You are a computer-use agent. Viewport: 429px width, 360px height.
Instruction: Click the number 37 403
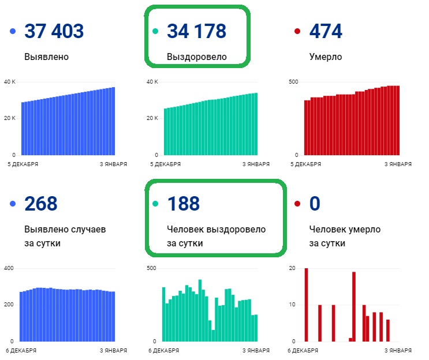(54, 31)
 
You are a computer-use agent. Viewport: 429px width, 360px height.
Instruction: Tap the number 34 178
(197, 31)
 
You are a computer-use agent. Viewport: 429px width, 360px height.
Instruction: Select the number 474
(326, 31)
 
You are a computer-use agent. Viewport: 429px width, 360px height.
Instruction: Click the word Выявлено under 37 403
(47, 57)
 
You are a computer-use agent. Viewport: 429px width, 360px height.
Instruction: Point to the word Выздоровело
(197, 57)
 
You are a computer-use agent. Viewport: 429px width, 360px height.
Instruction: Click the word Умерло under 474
(326, 57)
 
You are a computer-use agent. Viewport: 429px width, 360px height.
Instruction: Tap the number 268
(40, 204)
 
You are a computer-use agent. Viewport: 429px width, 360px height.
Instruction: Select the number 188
(183, 204)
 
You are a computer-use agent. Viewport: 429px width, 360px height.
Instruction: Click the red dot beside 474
(297, 31)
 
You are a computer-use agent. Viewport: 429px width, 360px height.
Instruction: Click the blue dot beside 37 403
(13, 31)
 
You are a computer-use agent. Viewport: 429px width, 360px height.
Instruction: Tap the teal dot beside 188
(155, 204)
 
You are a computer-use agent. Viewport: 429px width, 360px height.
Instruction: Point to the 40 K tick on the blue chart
(10, 81)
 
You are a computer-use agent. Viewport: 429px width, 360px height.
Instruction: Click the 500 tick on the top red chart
(293, 81)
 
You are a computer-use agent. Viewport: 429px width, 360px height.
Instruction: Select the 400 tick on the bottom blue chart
(9, 268)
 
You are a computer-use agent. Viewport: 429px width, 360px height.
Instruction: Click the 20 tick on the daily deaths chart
(292, 268)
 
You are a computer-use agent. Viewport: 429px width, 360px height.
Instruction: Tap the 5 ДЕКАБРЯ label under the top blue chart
(23, 164)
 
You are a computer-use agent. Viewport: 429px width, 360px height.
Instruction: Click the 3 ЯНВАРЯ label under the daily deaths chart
(398, 350)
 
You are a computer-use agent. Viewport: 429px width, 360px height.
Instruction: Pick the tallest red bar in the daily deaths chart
(306, 305)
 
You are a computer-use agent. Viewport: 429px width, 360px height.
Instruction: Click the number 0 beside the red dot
(315, 204)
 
